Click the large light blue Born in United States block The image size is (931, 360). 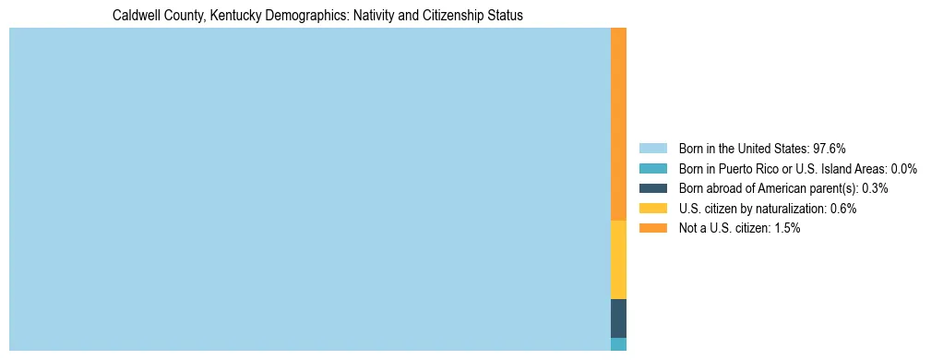[x=309, y=189]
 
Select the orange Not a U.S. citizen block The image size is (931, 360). [x=618, y=124]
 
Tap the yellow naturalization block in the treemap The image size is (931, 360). [x=618, y=259]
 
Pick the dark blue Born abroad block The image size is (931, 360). [x=618, y=318]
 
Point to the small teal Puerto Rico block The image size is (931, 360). [x=618, y=343]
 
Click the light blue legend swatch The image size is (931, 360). [x=652, y=148]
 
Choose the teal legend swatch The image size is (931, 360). [x=652, y=168]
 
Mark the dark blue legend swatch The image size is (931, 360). [x=652, y=188]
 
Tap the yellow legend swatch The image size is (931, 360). [x=652, y=209]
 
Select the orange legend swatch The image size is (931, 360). [x=652, y=228]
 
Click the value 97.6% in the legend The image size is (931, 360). [x=830, y=148]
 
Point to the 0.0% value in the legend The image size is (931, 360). [x=903, y=168]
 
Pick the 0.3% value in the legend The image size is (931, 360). [x=875, y=188]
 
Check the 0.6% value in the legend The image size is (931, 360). [x=842, y=209]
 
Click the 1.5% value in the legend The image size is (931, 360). [x=786, y=228]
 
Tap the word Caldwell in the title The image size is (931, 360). [x=135, y=16]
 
